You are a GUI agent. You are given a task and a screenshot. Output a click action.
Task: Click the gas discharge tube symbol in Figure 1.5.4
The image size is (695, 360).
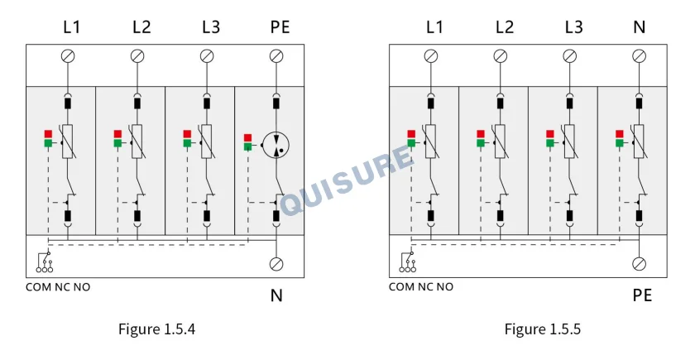tap(276, 145)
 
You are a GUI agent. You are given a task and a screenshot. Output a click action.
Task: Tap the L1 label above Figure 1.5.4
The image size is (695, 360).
tap(71, 27)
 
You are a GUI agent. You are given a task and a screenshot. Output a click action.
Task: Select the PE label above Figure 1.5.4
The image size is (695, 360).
tap(280, 27)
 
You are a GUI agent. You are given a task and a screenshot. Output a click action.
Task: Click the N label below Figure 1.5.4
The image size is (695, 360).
tap(276, 295)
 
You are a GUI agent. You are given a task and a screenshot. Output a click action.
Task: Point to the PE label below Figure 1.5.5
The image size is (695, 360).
tap(642, 295)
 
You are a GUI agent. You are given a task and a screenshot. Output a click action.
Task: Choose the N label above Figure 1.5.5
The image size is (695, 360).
tap(639, 27)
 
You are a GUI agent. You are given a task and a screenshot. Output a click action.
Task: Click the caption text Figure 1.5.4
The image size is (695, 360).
tap(156, 329)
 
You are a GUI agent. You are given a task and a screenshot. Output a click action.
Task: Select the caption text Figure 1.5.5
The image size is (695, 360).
tap(543, 329)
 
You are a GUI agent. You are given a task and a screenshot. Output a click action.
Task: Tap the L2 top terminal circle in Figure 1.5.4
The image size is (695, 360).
tap(137, 56)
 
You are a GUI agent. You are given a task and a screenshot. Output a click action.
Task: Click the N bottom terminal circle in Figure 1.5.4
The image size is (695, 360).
tap(276, 264)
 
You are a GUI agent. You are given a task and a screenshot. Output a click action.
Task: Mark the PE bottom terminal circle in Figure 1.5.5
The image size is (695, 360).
tap(639, 264)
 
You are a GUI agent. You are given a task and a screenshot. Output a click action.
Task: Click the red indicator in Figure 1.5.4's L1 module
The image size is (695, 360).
tap(48, 134)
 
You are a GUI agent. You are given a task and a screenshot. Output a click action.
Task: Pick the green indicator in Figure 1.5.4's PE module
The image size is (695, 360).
tap(247, 146)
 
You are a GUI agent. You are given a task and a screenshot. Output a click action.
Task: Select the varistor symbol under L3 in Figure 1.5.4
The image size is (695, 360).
tap(207, 142)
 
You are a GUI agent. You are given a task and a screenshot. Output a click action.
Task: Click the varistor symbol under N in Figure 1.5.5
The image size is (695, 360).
tap(639, 142)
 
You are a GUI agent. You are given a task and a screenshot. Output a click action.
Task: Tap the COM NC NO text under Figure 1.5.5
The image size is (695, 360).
tap(421, 287)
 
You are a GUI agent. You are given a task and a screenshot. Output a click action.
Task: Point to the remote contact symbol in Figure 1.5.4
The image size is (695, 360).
tap(45, 262)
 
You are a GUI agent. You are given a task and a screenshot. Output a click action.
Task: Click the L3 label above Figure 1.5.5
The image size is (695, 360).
tap(573, 27)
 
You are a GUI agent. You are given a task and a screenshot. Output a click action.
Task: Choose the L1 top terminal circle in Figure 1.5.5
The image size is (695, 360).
tap(431, 56)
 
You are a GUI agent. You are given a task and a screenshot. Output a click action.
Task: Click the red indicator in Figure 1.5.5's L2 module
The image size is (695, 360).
tap(481, 134)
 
